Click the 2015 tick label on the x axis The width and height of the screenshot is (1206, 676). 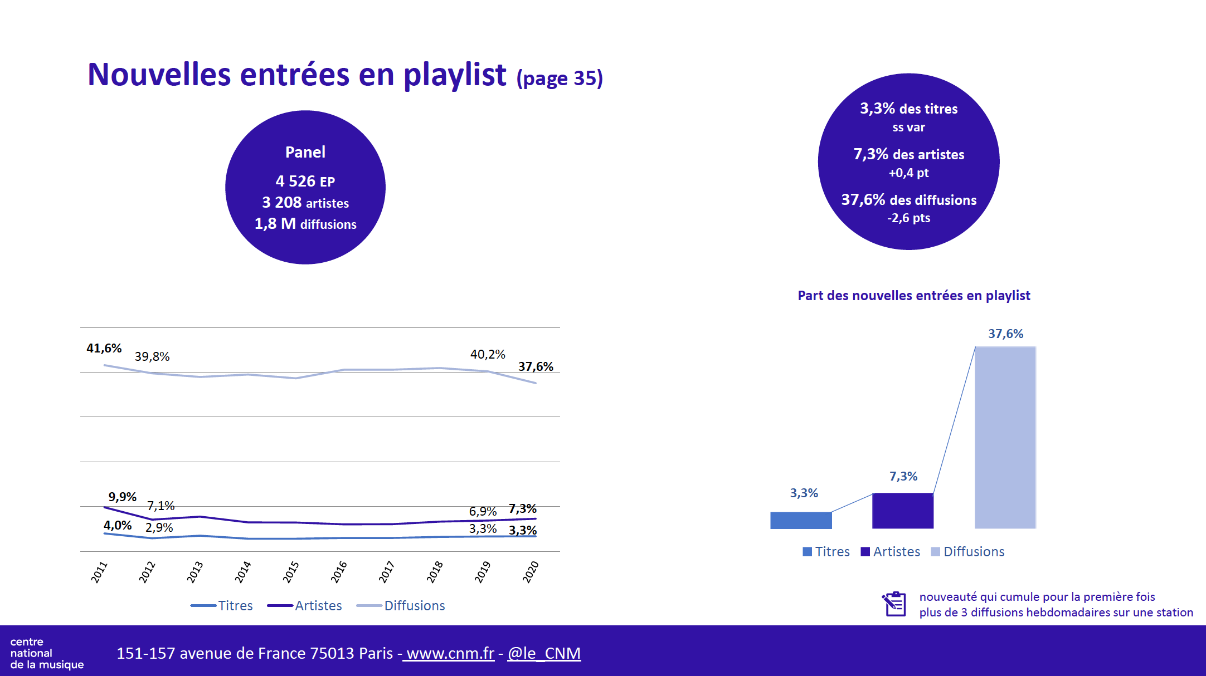(291, 572)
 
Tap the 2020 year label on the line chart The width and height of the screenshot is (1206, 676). (531, 572)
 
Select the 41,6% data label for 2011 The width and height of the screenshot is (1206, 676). (104, 349)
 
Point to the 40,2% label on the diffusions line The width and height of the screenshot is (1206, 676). (488, 355)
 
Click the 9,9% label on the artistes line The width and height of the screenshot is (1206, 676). (122, 497)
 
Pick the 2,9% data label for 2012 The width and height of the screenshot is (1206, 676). (159, 528)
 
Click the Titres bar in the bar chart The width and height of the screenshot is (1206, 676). (801, 520)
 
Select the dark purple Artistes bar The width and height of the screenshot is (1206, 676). (903, 511)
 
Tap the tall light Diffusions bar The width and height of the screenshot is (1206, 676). (1005, 438)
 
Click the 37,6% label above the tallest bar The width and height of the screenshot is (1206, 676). (1005, 334)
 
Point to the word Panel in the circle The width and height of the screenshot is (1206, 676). (305, 152)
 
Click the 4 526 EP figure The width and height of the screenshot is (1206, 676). (305, 182)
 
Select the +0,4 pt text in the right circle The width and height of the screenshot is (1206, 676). (908, 173)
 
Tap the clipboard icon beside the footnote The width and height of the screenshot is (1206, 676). (894, 604)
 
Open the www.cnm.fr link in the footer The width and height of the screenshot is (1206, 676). (450, 653)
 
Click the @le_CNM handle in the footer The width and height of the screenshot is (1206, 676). (544, 653)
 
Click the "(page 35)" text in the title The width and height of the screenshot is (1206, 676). (560, 79)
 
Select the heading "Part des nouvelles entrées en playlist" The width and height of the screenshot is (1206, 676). (914, 296)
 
